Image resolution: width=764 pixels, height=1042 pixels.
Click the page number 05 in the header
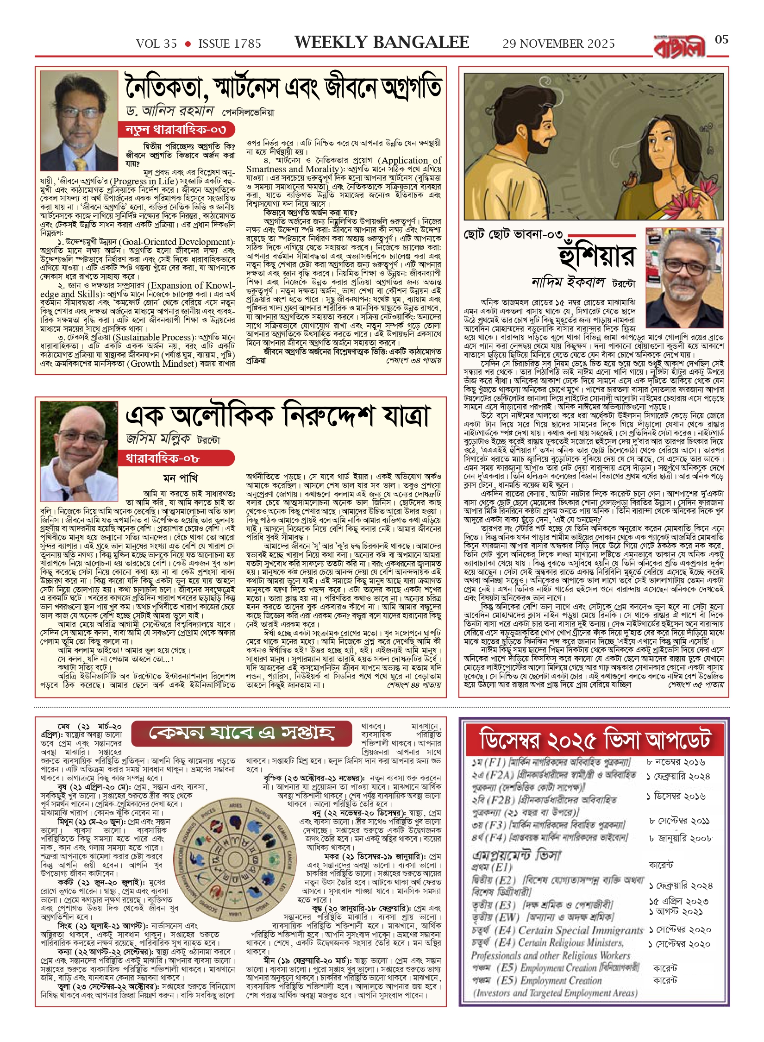[x=721, y=40]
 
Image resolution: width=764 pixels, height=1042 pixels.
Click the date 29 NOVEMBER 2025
[x=558, y=44]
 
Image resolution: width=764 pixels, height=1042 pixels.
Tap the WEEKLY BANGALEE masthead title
[x=382, y=43]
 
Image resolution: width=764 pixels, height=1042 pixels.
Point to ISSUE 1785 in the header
[x=230, y=44]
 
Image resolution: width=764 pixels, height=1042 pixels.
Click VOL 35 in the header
[x=157, y=44]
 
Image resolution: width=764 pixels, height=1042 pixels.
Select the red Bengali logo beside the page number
[x=679, y=47]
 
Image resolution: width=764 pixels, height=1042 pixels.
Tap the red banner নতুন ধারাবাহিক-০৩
[x=176, y=129]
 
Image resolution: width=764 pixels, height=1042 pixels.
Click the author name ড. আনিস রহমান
[x=170, y=111]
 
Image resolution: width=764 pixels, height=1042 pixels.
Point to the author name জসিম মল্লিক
[x=158, y=439]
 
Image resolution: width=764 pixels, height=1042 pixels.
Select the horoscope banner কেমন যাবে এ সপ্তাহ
[x=241, y=733]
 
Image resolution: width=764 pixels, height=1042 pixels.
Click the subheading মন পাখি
[x=180, y=478]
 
